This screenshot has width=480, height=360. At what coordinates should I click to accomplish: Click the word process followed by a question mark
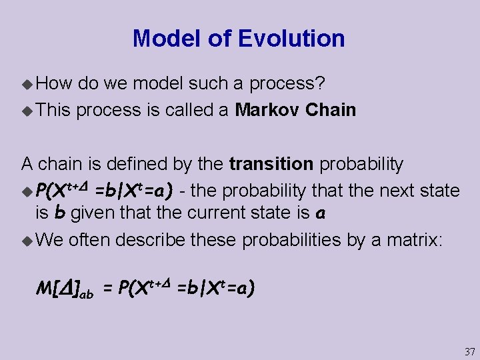tap(287, 84)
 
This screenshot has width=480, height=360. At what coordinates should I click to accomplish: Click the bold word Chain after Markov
tap(331, 109)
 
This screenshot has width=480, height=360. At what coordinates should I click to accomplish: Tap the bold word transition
tap(271, 163)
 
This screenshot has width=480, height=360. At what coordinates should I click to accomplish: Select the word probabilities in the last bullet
tap(292, 239)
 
